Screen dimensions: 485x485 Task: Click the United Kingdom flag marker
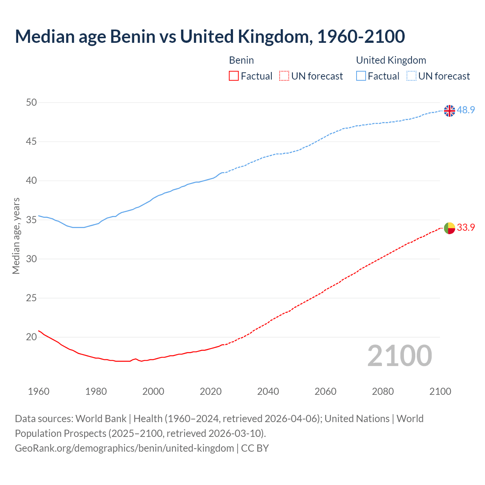(449, 111)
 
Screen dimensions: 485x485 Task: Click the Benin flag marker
(449, 228)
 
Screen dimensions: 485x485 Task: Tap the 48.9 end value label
(466, 110)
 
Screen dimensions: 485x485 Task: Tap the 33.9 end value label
(466, 228)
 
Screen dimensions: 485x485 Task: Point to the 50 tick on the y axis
(32, 102)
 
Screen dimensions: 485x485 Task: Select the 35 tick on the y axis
(32, 220)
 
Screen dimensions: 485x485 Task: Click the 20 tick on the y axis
(32, 337)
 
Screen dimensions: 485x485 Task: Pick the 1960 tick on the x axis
(39, 391)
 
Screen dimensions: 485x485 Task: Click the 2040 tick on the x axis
(268, 391)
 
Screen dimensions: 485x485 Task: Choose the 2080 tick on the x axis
(383, 391)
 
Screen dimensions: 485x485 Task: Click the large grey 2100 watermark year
(400, 356)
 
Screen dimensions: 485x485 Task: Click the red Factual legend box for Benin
(234, 76)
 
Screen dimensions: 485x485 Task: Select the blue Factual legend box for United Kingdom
(361, 76)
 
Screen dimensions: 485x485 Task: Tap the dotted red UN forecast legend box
(284, 76)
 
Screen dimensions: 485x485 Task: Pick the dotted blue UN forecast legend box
(411, 76)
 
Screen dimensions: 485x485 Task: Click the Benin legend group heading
(241, 60)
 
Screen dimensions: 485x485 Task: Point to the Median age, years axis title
(16, 236)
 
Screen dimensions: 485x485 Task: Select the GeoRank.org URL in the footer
(124, 448)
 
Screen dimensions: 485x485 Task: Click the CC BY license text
(255, 448)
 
